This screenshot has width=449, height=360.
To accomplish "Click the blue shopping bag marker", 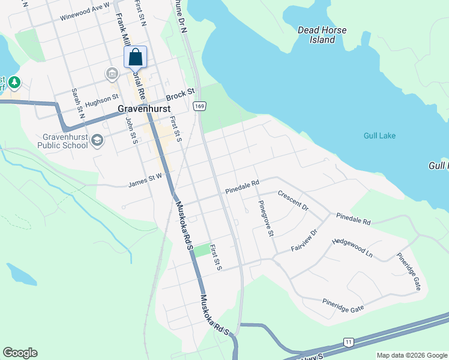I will [x=136, y=58].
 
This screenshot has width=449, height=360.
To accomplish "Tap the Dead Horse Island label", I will [x=316, y=35].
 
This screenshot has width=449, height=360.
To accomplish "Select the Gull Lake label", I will [x=379, y=136].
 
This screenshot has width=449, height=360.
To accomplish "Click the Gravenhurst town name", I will [x=142, y=109].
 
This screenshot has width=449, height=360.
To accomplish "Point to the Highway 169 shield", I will [x=199, y=106].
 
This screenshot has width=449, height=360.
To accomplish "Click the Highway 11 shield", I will [x=349, y=342].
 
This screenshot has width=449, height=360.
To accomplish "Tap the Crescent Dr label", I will [x=292, y=201].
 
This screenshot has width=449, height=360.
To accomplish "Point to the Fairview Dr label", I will [x=304, y=240].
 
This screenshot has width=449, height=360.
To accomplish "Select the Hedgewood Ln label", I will [x=352, y=248].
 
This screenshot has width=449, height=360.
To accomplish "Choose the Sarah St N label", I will [x=78, y=103].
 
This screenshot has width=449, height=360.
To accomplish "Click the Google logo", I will [x=20, y=353].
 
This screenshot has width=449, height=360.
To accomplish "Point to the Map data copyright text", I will [x=411, y=355].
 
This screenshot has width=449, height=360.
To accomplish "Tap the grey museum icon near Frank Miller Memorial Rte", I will [x=112, y=74].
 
